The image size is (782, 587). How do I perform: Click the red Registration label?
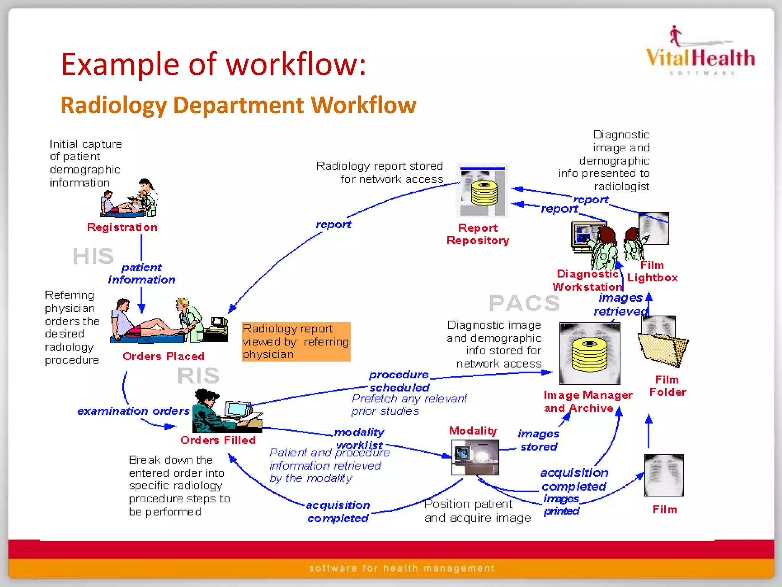[122, 227]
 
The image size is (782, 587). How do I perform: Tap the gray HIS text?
[93, 256]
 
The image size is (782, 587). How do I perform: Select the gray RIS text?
[198, 375]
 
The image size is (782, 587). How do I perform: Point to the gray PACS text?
[525, 303]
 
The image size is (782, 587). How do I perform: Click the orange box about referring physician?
[296, 342]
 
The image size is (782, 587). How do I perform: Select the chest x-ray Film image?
[664, 475]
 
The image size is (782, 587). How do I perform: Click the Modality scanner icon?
[475, 457]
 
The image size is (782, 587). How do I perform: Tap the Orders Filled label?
[218, 440]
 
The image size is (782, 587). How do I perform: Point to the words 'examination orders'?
[133, 411]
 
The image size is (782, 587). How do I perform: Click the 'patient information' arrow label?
[142, 274]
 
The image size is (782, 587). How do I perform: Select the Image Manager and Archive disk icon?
[590, 353]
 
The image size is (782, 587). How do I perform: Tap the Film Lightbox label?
[652, 271]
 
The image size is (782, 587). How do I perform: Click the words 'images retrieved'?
[620, 305]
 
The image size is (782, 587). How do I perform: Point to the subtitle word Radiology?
[113, 105]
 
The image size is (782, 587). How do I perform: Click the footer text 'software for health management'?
[401, 568]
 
